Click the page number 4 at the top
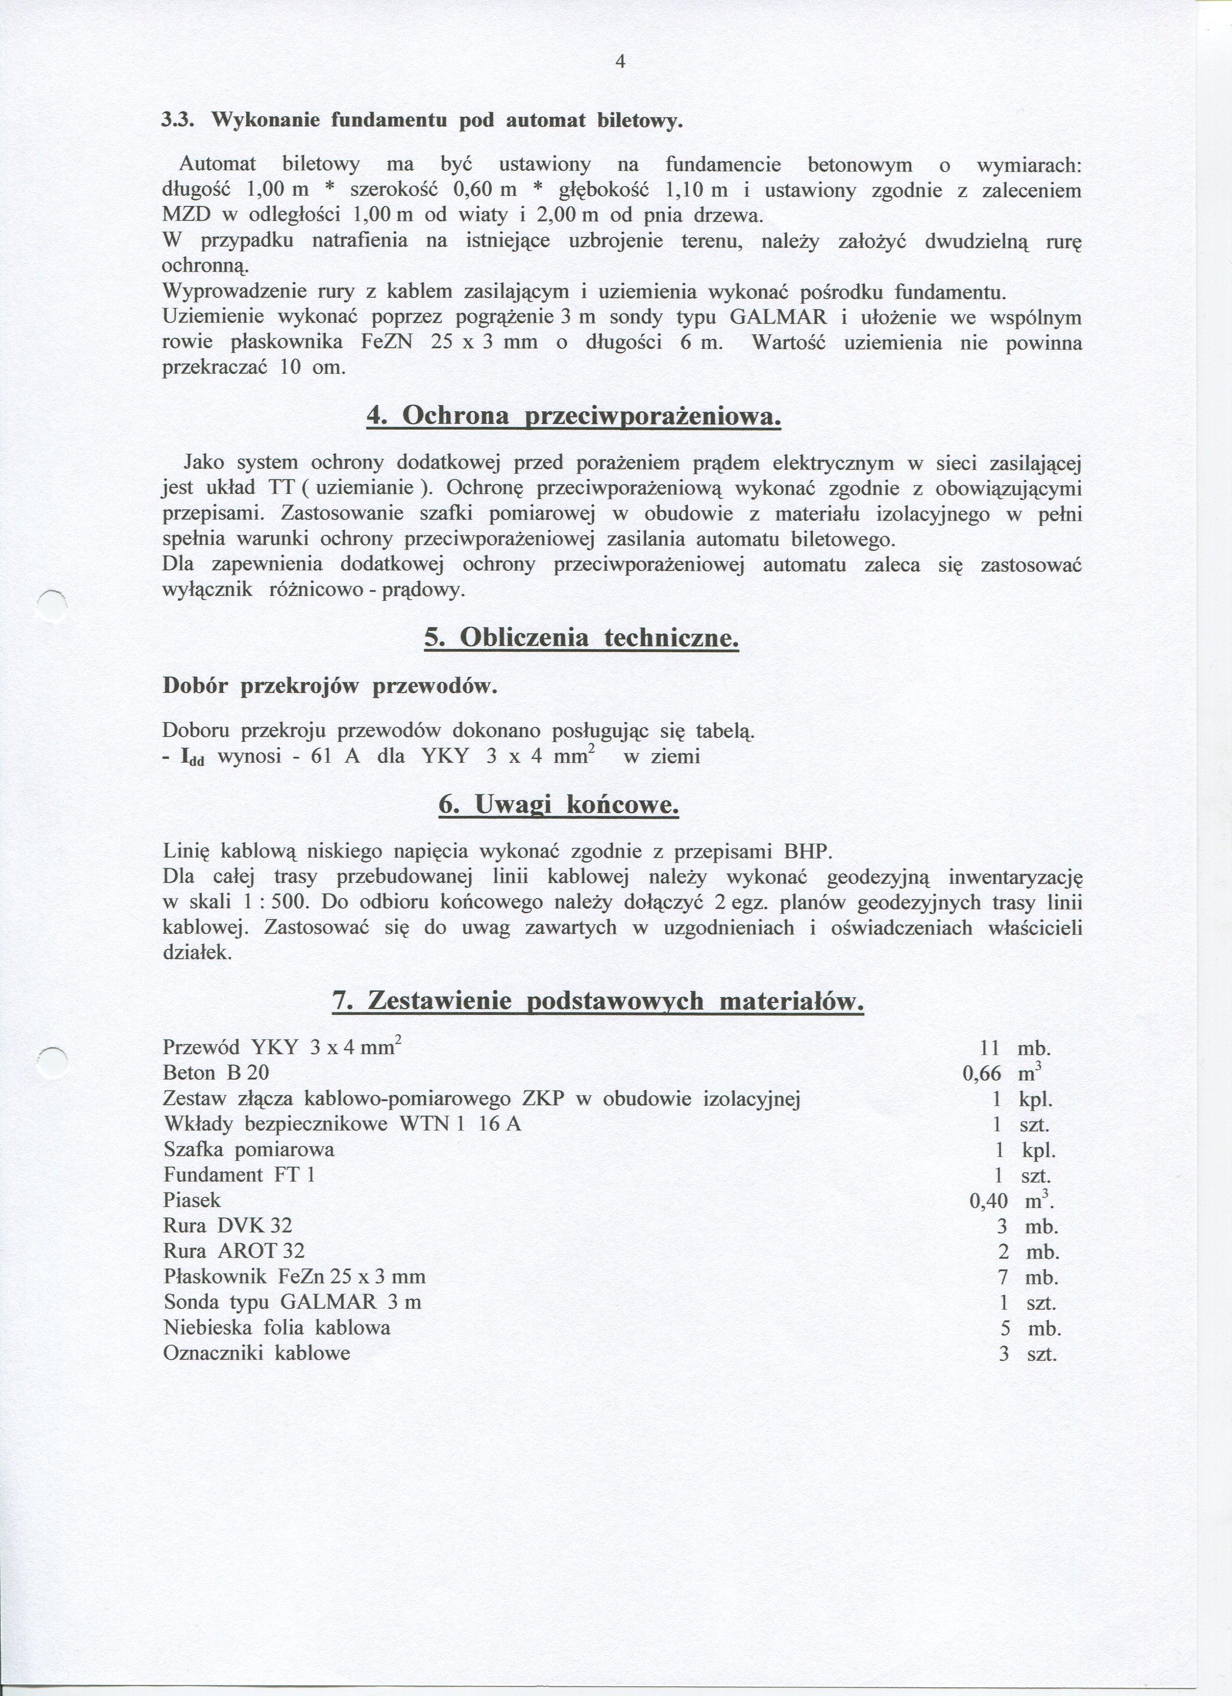click(x=619, y=62)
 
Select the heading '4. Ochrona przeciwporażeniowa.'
click(x=573, y=416)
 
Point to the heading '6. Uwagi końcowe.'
click(x=559, y=805)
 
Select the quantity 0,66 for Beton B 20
click(x=982, y=1074)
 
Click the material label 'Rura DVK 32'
click(x=227, y=1226)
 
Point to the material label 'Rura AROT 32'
click(x=233, y=1251)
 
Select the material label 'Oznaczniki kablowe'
click(x=257, y=1353)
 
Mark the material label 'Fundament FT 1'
click(x=239, y=1175)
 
